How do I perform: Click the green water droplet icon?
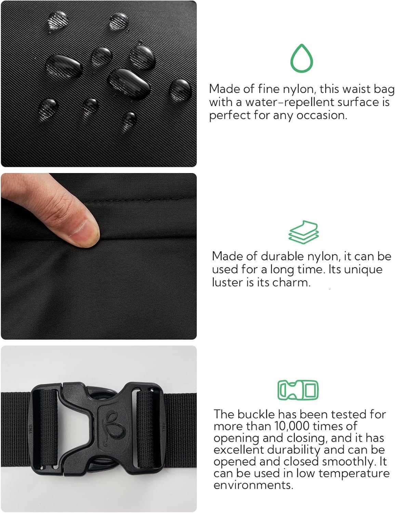coord(302,59)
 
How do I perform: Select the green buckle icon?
coord(298,390)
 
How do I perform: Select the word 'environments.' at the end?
coord(253,485)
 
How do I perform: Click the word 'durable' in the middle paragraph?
coord(282,256)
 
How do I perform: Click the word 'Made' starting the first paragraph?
coord(224,89)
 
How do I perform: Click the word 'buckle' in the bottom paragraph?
coord(256,415)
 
